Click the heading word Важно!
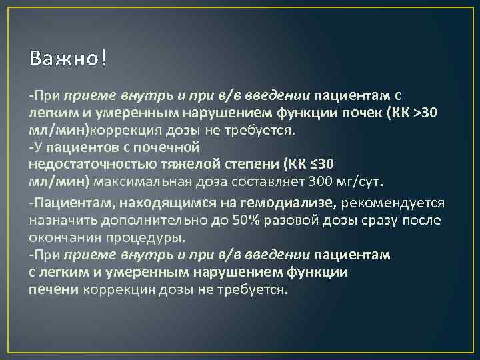[x=67, y=59]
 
